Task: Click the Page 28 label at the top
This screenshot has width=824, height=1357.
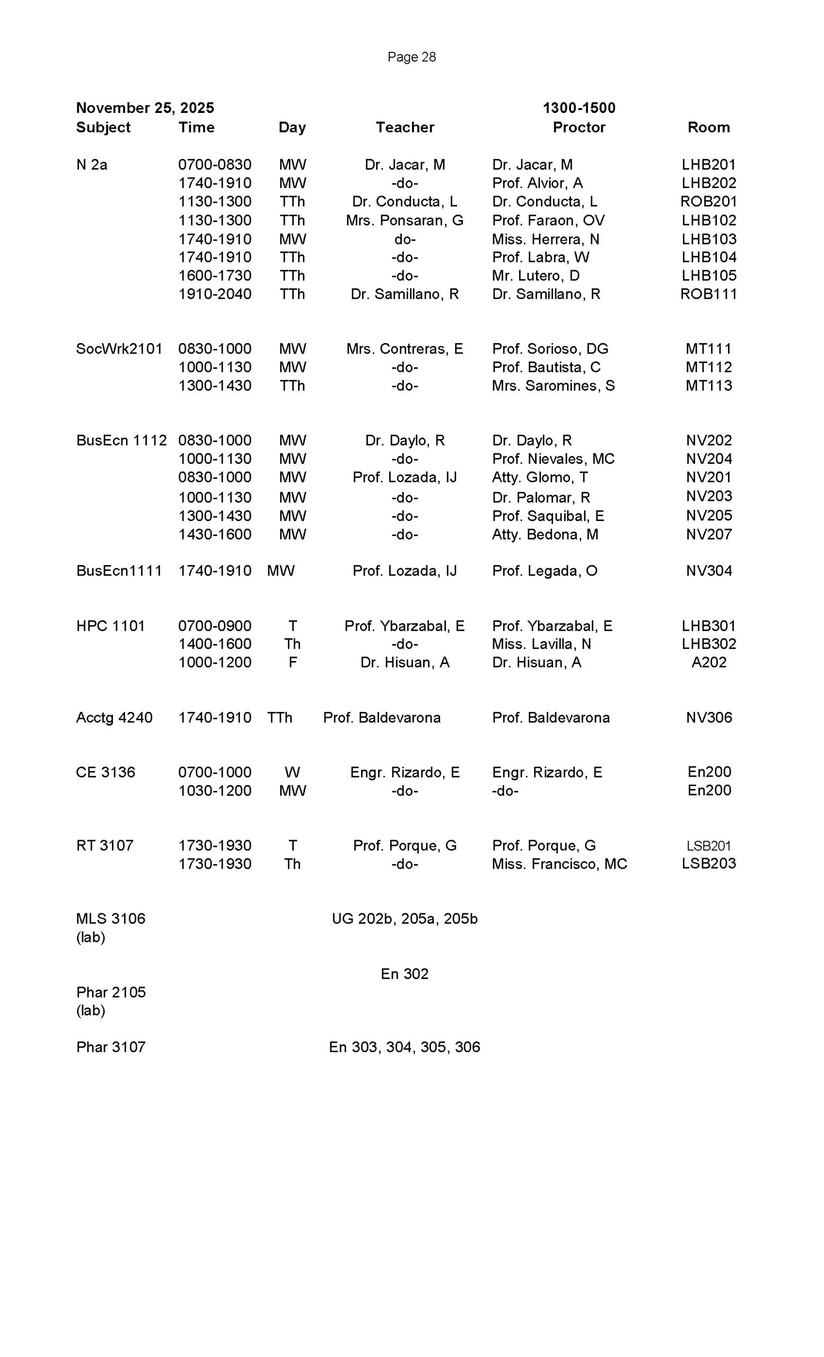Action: pyautogui.click(x=411, y=57)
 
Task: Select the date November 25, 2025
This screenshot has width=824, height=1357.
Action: pyautogui.click(x=145, y=108)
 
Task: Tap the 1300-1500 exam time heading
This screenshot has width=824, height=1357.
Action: pyautogui.click(x=579, y=108)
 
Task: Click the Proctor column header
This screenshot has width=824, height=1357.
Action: pyautogui.click(x=579, y=127)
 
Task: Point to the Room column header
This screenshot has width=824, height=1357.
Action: pyautogui.click(x=708, y=127)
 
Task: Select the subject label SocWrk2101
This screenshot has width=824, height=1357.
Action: pyautogui.click(x=119, y=349)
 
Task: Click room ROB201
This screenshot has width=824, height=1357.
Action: pyautogui.click(x=708, y=201)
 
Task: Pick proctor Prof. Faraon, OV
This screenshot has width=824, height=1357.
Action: pyautogui.click(x=548, y=221)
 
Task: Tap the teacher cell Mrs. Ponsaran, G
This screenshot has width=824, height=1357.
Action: pyautogui.click(x=404, y=221)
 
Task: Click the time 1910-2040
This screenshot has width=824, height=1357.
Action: pyautogui.click(x=215, y=294)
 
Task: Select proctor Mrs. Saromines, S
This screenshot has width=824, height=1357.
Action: pyautogui.click(x=553, y=385)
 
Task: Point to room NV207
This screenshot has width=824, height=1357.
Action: pyautogui.click(x=708, y=534)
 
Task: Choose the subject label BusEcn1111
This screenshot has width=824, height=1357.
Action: pyautogui.click(x=119, y=570)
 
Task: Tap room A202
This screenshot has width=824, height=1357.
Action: pyautogui.click(x=708, y=662)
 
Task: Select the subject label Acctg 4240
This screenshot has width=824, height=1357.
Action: pyautogui.click(x=114, y=718)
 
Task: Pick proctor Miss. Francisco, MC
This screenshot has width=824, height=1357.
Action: pyautogui.click(x=559, y=863)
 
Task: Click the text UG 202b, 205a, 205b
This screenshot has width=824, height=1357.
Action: pyautogui.click(x=404, y=919)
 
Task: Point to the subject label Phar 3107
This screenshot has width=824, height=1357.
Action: pyautogui.click(x=111, y=1047)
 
